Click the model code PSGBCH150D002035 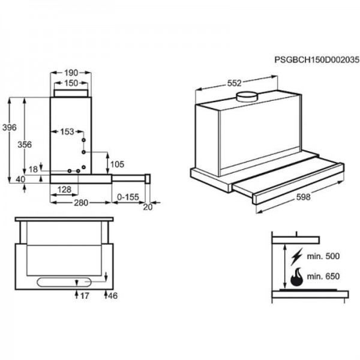click(x=317, y=60)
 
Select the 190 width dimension click(x=71, y=73)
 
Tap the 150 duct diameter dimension click(x=71, y=83)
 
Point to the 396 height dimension click(x=10, y=127)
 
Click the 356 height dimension click(x=25, y=145)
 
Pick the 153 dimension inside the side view click(x=67, y=132)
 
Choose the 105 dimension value click(x=117, y=164)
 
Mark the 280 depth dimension click(x=81, y=203)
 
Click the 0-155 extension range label click(x=128, y=197)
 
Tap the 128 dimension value click(x=64, y=190)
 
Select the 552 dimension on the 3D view click(x=235, y=83)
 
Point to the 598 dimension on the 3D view click(x=303, y=197)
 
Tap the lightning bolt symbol click(x=296, y=256)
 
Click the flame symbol click(x=297, y=277)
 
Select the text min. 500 click(x=323, y=256)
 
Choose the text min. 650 click(x=323, y=276)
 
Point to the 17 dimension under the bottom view click(x=85, y=296)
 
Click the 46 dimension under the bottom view click(x=113, y=296)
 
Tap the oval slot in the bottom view click(x=64, y=282)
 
